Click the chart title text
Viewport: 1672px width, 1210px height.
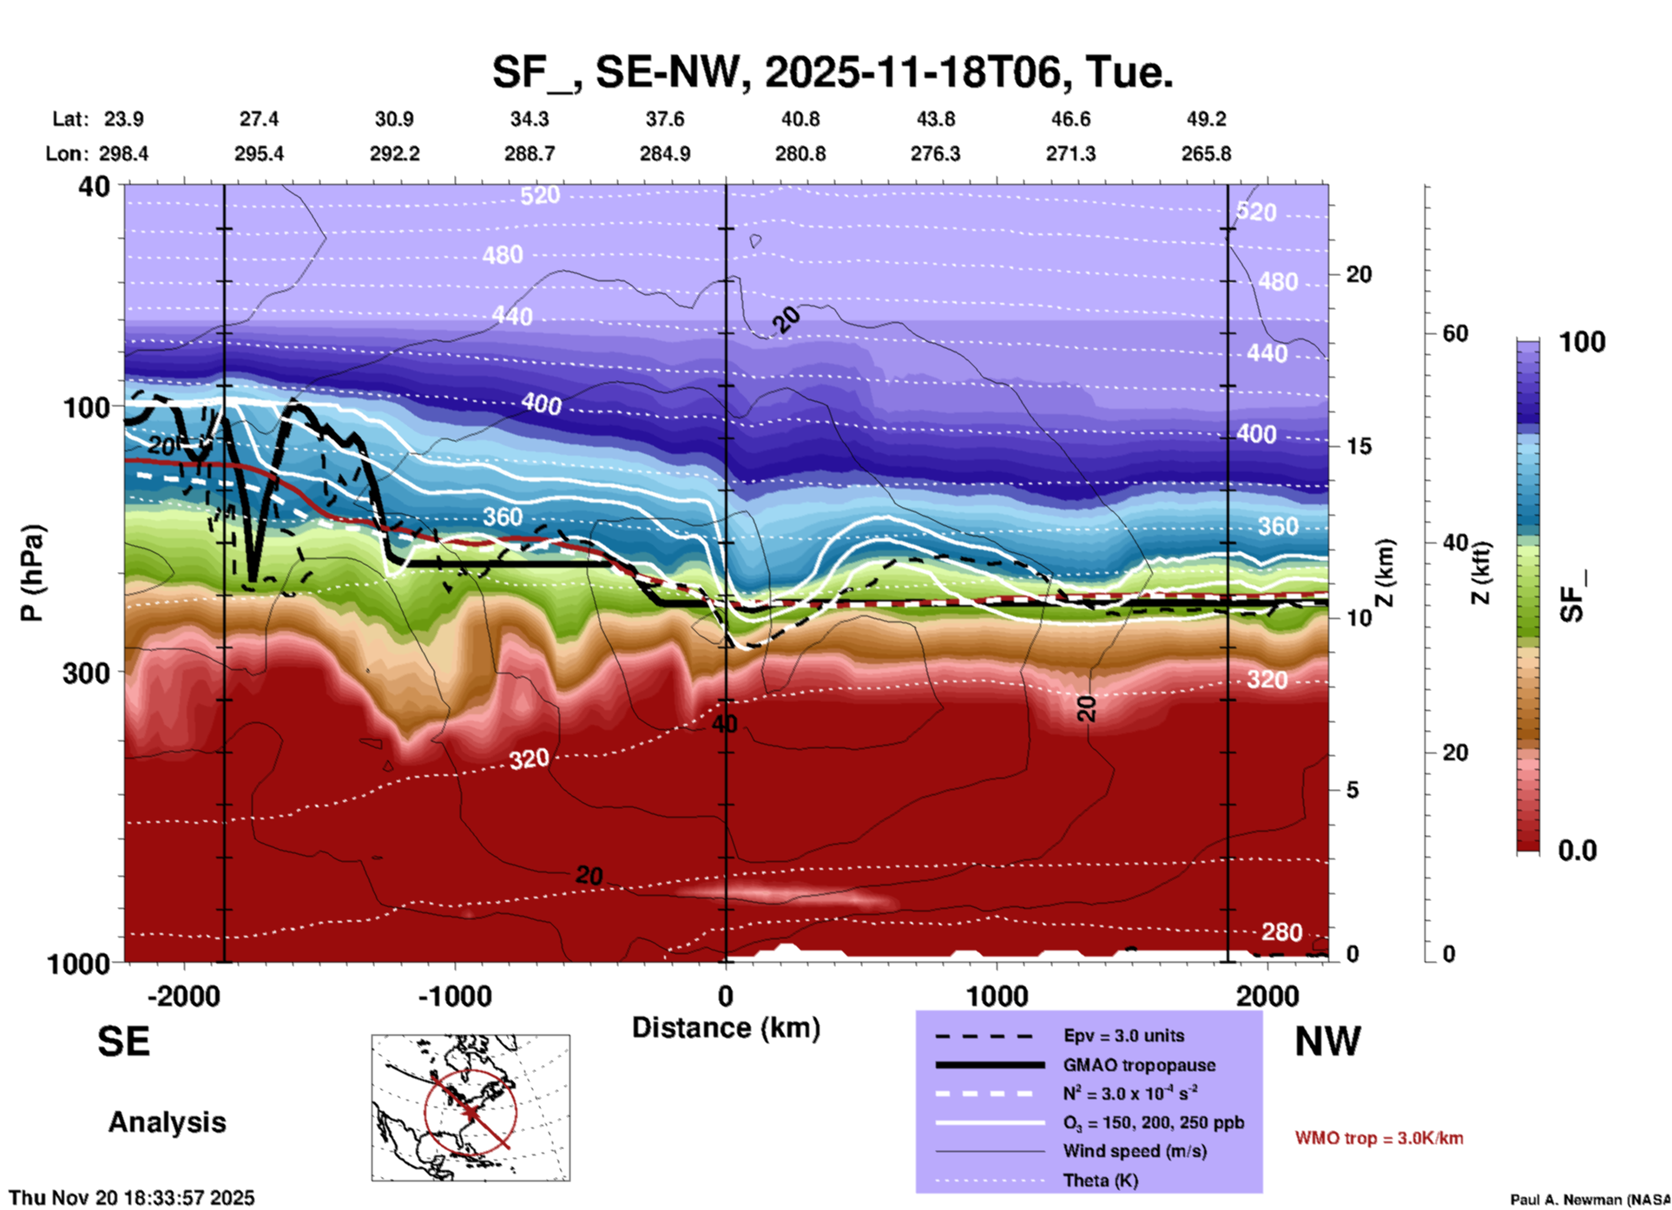pos(833,72)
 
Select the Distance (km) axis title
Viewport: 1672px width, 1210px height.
pos(726,1028)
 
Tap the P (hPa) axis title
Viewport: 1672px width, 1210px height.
pos(32,573)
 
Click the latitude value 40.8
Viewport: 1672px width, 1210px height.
pos(800,119)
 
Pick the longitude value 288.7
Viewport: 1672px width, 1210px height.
pos(530,154)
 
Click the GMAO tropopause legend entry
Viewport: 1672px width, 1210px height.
pos(1139,1065)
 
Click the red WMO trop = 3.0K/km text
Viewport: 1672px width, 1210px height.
pos(1379,1138)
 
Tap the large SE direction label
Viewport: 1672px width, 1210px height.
pos(123,1042)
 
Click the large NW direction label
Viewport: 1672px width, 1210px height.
pos(1327,1042)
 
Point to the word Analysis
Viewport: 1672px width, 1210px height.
pos(167,1122)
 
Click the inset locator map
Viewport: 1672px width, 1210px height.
pos(471,1108)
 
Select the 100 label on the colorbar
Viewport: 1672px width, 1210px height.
pos(1582,342)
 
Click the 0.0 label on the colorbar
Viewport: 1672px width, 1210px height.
pos(1577,851)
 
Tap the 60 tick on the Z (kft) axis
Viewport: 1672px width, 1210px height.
pos(1455,333)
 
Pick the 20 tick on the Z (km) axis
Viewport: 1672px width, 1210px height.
pos(1359,274)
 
